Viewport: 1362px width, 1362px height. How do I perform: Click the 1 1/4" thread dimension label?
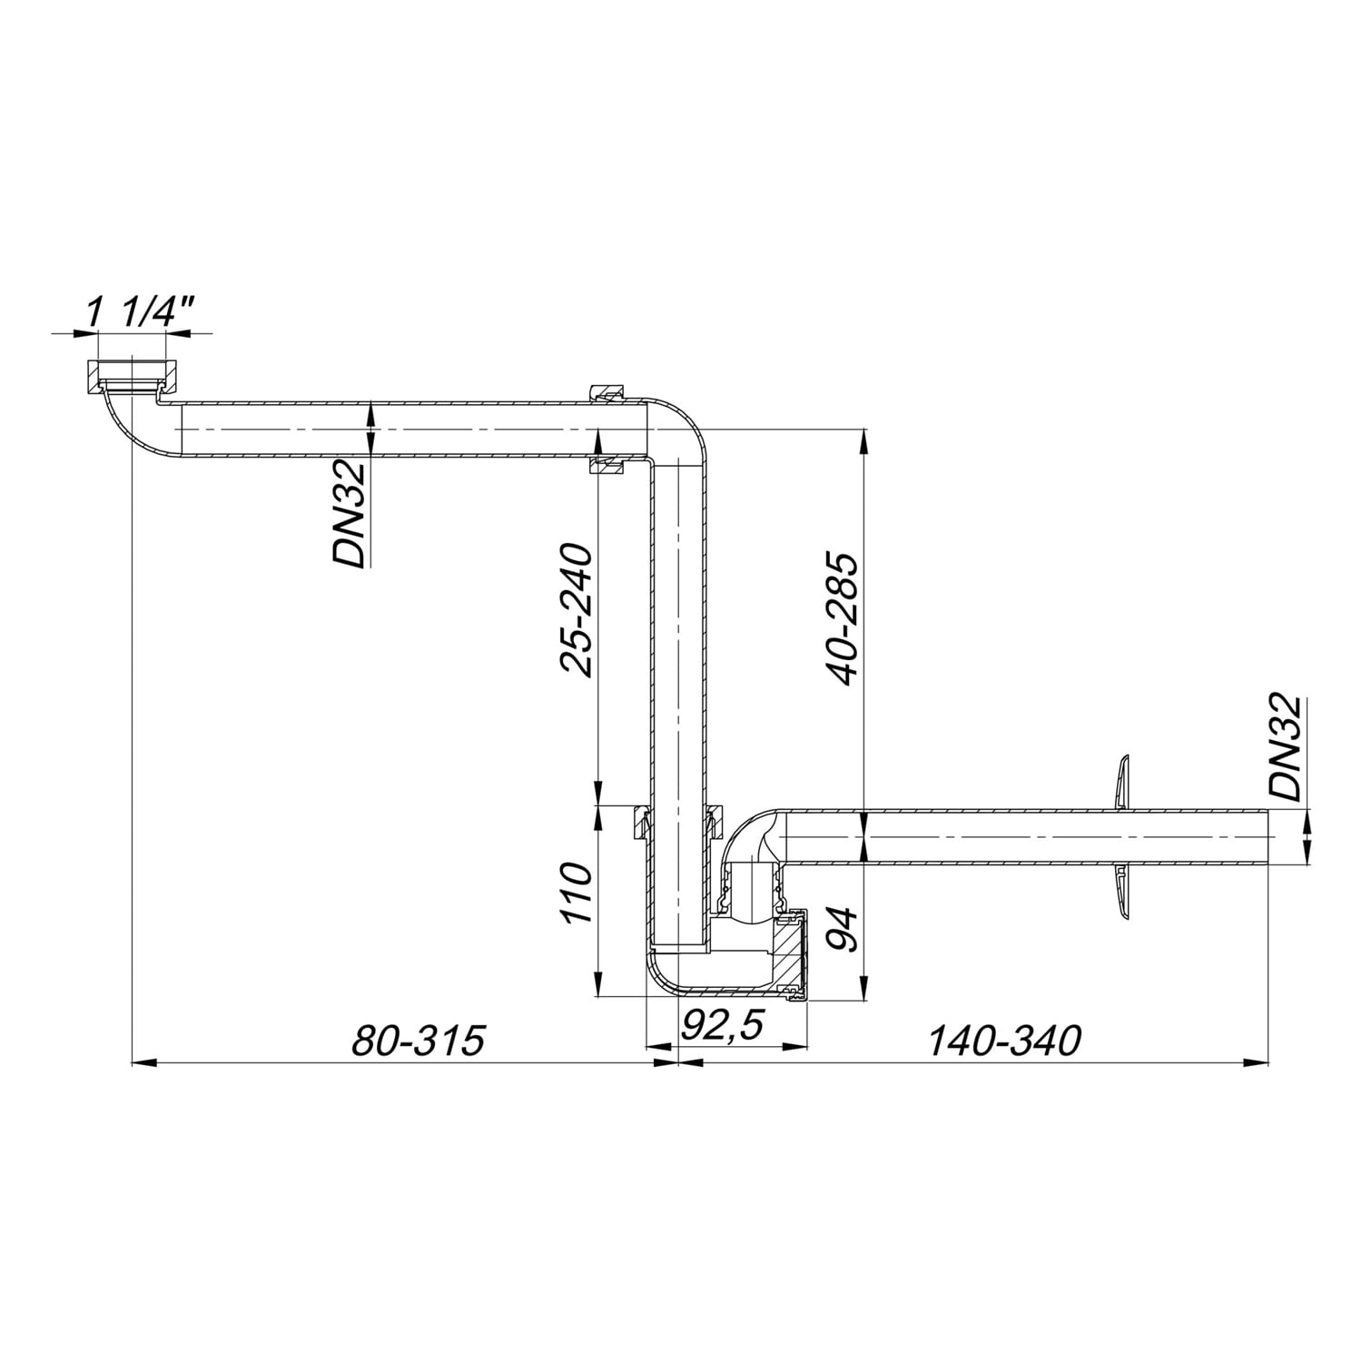pyautogui.click(x=140, y=314)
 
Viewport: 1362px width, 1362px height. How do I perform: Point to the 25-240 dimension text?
pyautogui.click(x=576, y=609)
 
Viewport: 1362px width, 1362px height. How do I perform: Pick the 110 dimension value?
pyautogui.click(x=576, y=893)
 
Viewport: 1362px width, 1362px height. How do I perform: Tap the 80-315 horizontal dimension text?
pyautogui.click(x=418, y=1041)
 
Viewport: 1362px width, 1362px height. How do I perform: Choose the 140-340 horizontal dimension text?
pyautogui.click(x=1004, y=1041)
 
